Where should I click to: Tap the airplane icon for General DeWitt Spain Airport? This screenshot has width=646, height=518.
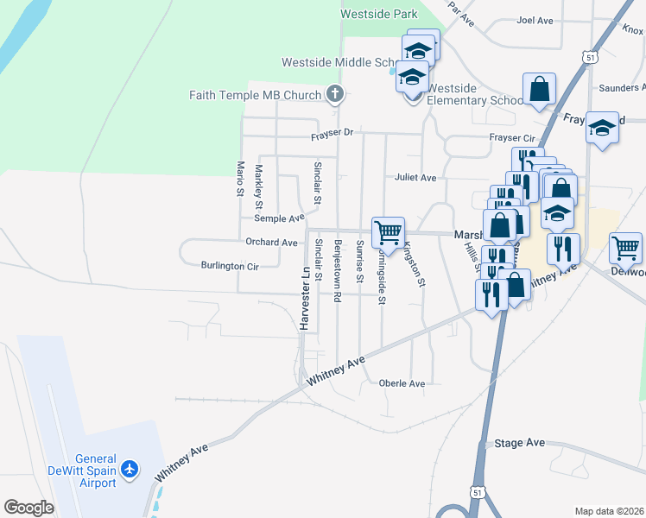[130, 469]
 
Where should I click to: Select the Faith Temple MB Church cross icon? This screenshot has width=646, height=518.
[335, 94]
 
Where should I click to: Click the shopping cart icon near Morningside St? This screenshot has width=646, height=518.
[388, 231]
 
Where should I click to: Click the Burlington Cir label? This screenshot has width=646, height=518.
[230, 266]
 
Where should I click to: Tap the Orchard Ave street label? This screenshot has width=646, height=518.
[271, 243]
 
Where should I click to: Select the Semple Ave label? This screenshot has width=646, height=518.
[279, 219]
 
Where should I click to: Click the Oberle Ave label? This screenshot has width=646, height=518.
[402, 383]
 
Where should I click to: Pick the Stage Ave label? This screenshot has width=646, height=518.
[520, 443]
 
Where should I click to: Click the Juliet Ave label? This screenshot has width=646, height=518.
[415, 178]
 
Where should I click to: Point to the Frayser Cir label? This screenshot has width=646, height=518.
[513, 138]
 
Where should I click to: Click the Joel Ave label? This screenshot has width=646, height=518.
[535, 20]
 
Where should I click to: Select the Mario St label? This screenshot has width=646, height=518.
[240, 178]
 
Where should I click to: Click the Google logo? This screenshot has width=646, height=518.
[28, 508]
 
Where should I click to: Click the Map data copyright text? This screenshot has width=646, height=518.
[610, 511]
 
